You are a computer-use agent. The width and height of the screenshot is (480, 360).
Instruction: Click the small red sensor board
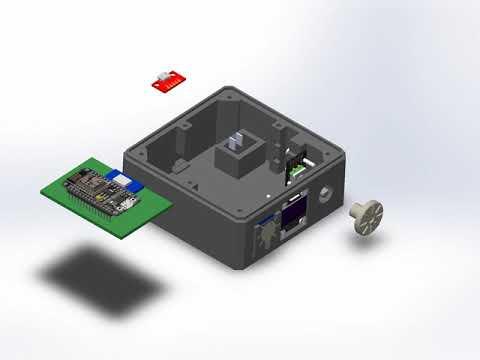click(167, 81)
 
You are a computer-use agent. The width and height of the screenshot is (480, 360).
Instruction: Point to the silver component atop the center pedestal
click(236, 139)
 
